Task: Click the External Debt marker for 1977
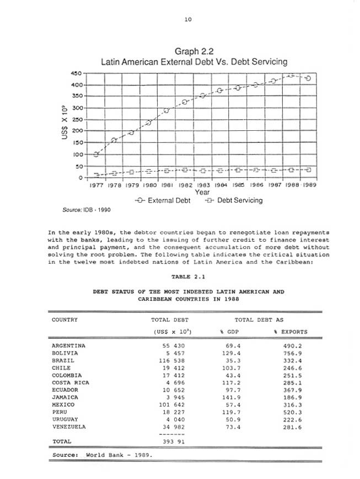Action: [x=96, y=154]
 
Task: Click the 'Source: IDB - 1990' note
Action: [x=84, y=211]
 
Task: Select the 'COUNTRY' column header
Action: [x=65, y=320]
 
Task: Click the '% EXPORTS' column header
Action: [x=291, y=332]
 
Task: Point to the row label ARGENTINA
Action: [x=69, y=345]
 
